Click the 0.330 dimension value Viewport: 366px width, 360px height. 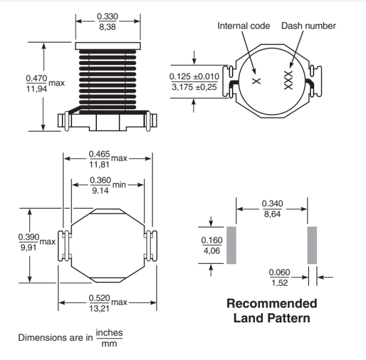tap(107, 17)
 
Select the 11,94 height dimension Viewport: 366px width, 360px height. tap(36, 89)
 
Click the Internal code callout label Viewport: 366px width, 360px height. tap(244, 26)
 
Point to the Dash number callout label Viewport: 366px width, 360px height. tap(309, 26)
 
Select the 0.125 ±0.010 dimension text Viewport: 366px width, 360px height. tap(194, 76)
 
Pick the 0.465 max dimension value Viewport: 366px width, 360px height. tap(100, 154)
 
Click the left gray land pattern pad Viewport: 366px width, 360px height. tap(231, 245)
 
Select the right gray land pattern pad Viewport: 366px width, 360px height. tap(312, 245)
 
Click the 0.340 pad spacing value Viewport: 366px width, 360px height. tap(273, 204)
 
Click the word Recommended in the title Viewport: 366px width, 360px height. tap(271, 304)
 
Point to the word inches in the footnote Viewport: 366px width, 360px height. tap(109, 333)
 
